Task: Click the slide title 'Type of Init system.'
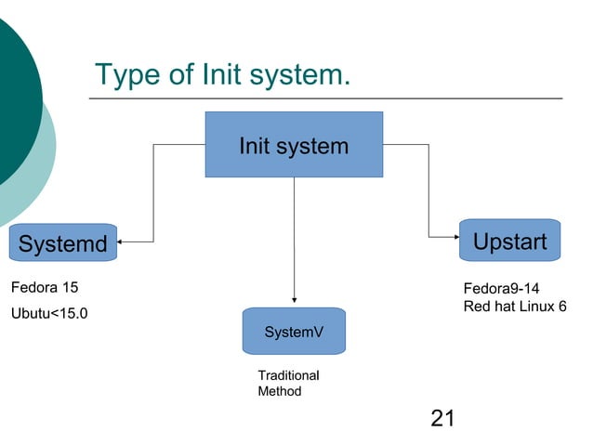coord(223,74)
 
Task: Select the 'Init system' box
coord(294,145)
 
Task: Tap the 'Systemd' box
coord(62,244)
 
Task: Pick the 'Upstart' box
coord(509,242)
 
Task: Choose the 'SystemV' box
coord(294,331)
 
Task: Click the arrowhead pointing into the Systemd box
coord(122,242)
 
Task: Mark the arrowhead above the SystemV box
coord(294,300)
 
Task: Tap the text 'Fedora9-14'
coord(501,288)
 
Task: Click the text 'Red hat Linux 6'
coord(514,307)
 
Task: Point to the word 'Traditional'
coord(288,375)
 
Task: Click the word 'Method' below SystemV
coord(279,391)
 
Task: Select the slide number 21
coord(443,419)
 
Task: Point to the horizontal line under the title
coord(325,98)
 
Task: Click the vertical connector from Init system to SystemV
coord(294,237)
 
